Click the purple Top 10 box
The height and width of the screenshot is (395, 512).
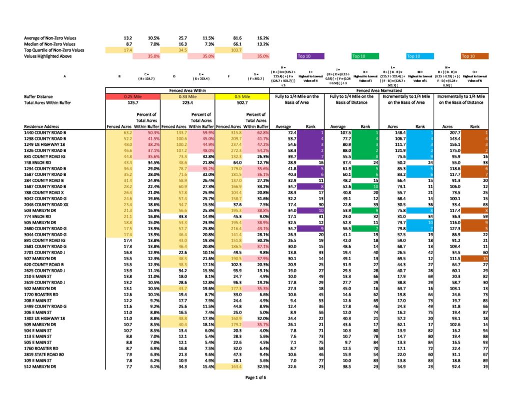click(x=306, y=56)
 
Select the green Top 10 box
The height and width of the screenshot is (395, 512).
click(x=358, y=56)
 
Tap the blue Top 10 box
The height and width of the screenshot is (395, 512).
click(x=413, y=56)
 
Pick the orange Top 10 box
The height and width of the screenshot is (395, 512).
click(x=468, y=56)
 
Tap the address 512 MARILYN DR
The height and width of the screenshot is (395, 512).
click(x=40, y=367)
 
